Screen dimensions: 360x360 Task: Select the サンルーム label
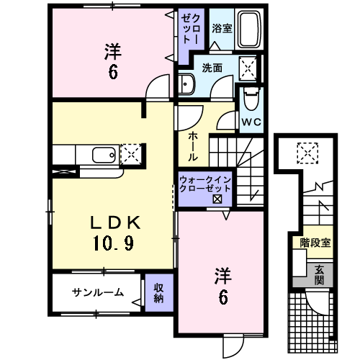[97, 292]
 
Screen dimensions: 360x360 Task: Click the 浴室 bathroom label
[222, 29]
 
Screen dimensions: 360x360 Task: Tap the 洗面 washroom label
[211, 68]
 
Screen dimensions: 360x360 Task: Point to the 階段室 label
[315, 243]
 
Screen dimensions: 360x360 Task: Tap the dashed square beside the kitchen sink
[131, 154]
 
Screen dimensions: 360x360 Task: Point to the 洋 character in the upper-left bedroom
[112, 52]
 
